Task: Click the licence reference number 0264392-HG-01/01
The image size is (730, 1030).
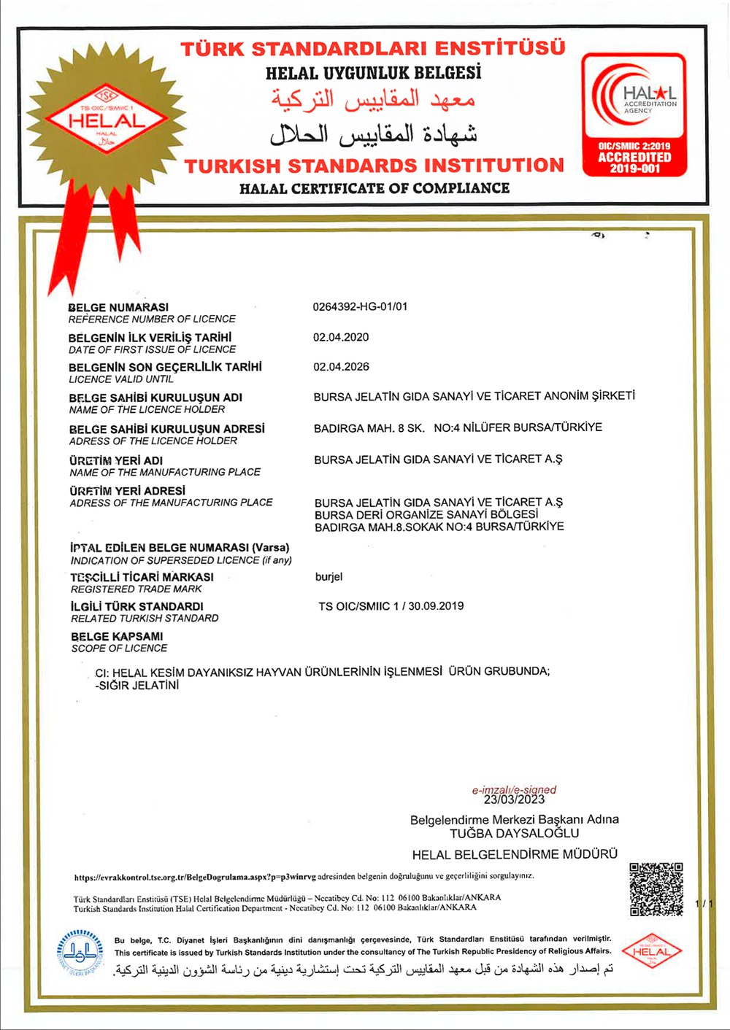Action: coord(360,306)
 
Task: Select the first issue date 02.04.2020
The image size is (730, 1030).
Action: coord(341,337)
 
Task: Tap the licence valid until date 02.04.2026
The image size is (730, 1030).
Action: coord(341,367)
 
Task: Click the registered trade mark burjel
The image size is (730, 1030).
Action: coord(328,577)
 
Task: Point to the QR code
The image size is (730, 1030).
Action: coord(656,889)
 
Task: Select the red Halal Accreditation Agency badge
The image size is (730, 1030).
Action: coord(634,115)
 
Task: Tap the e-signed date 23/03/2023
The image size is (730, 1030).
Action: coord(514,799)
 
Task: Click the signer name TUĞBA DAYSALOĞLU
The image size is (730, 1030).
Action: coord(514,833)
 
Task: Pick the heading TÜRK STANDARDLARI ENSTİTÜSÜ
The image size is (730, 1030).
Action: coord(373,49)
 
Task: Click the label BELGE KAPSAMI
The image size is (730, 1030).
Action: coord(117,636)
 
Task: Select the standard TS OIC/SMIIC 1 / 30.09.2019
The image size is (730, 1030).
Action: coord(391,606)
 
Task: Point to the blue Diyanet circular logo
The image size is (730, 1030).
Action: coord(80,953)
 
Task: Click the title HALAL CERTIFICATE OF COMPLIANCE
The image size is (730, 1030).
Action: coord(374,188)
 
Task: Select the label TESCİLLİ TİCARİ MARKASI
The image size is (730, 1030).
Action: coord(142,577)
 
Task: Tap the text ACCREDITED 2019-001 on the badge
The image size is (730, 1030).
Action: coord(634,163)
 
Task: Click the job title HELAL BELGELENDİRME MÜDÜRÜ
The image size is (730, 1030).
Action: coord(515,854)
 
